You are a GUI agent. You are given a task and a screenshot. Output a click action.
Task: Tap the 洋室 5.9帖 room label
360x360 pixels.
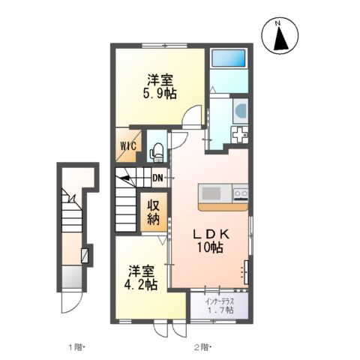click(x=160, y=87)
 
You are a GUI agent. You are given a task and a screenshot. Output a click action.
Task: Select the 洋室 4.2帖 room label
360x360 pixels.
click(x=141, y=277)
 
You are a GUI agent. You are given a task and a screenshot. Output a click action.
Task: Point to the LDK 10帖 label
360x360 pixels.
click(x=210, y=241)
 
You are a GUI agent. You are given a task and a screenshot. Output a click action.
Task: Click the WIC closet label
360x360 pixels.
click(x=129, y=145)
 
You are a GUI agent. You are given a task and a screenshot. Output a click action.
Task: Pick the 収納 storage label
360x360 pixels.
click(x=154, y=212)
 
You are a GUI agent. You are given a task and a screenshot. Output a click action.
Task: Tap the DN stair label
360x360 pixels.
click(x=157, y=178)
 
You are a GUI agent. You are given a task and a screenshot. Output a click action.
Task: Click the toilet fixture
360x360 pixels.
click(x=157, y=152)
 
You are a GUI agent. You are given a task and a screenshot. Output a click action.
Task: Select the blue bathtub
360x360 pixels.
click(x=228, y=58)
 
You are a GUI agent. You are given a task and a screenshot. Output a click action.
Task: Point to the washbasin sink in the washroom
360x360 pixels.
click(x=241, y=111)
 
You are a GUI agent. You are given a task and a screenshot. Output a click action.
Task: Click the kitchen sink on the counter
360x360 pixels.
click(x=211, y=193)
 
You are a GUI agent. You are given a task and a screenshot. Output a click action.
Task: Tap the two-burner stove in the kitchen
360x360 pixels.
click(x=241, y=193)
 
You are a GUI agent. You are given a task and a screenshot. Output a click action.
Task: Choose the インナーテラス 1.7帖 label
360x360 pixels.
click(x=220, y=305)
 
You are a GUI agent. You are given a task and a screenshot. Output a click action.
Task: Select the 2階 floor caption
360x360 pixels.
click(x=202, y=347)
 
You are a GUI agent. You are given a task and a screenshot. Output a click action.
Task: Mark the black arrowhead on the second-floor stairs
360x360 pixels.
click(x=124, y=178)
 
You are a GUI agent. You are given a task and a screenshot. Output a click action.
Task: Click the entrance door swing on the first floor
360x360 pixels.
click(x=71, y=302)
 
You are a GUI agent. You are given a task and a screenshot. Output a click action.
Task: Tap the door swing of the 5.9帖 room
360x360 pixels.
click(x=192, y=117)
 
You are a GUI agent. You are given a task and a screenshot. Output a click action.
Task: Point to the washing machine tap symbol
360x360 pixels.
click(x=239, y=135)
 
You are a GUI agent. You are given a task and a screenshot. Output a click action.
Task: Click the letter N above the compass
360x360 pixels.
click(x=277, y=24)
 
